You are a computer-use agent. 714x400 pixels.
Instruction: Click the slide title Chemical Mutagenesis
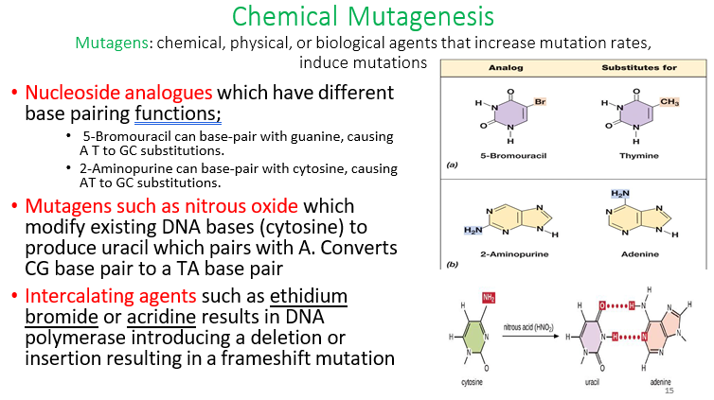click(x=362, y=16)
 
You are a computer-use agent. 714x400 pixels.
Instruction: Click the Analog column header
click(x=506, y=68)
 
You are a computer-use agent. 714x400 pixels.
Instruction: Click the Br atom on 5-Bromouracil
click(x=539, y=100)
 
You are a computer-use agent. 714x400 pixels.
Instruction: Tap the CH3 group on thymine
click(x=669, y=101)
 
